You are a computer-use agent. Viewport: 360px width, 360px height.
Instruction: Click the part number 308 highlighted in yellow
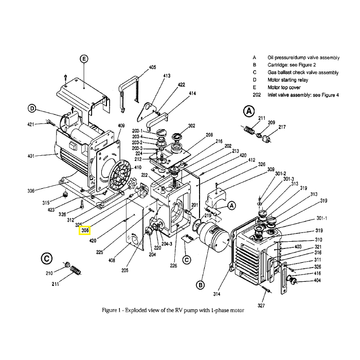pos(85,230)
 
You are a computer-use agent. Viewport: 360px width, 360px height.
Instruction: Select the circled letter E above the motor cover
pos(84,59)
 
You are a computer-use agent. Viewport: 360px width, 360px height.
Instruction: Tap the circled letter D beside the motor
pos(32,108)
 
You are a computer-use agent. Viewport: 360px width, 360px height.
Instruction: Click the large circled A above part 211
pos(249,112)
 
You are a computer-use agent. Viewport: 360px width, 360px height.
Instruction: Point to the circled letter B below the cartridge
pos(200,285)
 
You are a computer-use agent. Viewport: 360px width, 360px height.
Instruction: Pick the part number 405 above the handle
pos(152,67)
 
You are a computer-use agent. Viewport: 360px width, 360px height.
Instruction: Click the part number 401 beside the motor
pos(31,156)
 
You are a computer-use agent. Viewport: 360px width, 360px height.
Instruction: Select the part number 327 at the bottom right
pos(261,305)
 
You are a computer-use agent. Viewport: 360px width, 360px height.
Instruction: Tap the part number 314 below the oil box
pos(217,294)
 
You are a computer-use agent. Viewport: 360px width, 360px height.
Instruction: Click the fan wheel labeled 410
pos(120,176)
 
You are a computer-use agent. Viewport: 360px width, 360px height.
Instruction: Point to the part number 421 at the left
pos(30,124)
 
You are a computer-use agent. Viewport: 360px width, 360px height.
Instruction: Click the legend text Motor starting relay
pos(287,80)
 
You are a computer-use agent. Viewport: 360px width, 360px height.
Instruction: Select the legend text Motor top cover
pos(284,87)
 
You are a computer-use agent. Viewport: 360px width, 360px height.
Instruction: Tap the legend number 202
pos(257,95)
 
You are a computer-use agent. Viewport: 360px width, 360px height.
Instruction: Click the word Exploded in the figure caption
pos(136,311)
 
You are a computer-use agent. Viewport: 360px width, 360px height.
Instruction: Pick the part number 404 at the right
pos(317,280)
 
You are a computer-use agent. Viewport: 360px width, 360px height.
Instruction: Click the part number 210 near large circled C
pos(49,273)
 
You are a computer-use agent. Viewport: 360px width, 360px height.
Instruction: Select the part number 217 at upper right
pos(282,127)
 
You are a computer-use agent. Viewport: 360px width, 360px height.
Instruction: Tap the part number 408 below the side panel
pos(112,260)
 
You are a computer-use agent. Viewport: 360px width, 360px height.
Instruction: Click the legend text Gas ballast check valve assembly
pos(303,73)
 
